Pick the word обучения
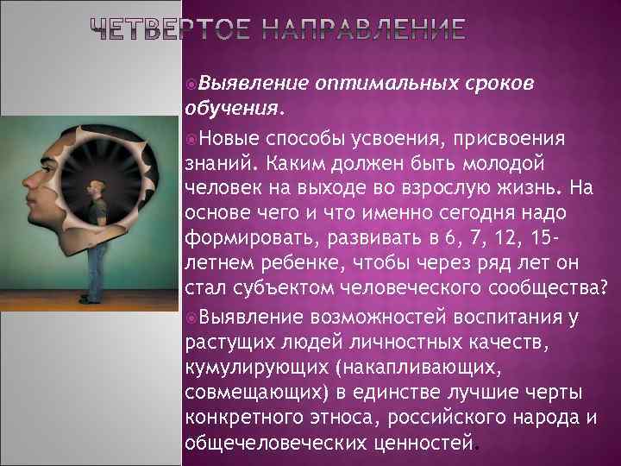point(232,109)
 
